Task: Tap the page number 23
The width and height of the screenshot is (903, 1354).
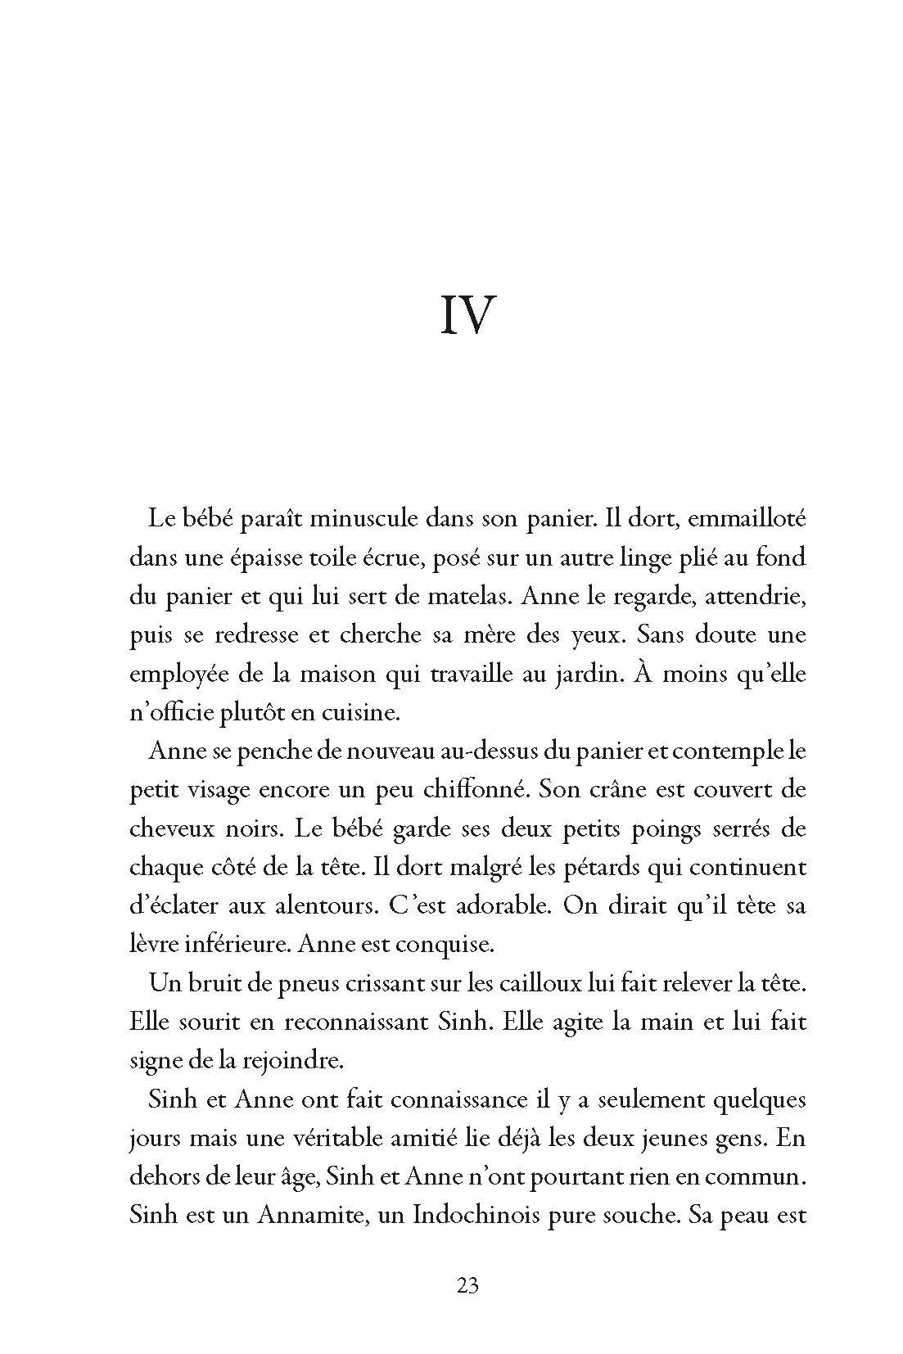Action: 467,1284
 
